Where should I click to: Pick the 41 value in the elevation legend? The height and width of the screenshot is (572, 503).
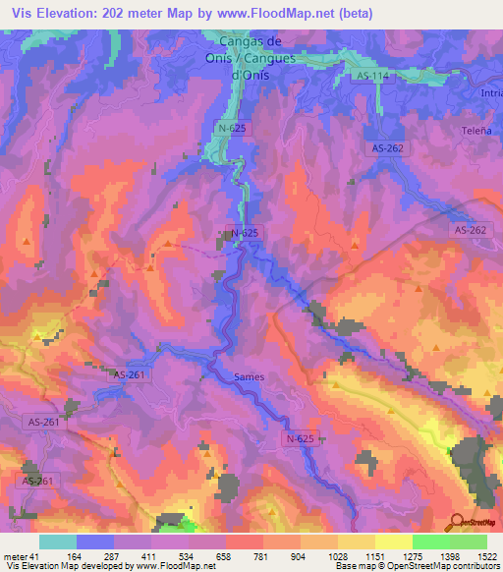35,556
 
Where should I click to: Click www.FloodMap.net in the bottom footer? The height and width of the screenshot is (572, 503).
177,566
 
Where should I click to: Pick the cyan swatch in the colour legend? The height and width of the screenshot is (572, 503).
57,542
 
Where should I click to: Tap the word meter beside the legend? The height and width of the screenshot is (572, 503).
14,556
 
